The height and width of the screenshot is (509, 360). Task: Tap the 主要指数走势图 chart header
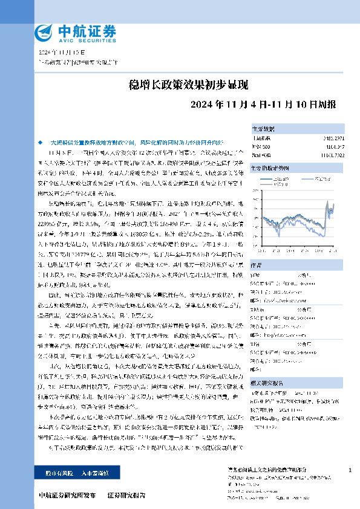(269, 167)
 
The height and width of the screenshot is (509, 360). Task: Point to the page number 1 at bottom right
(350, 470)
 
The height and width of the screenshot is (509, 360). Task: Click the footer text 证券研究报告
(126, 496)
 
